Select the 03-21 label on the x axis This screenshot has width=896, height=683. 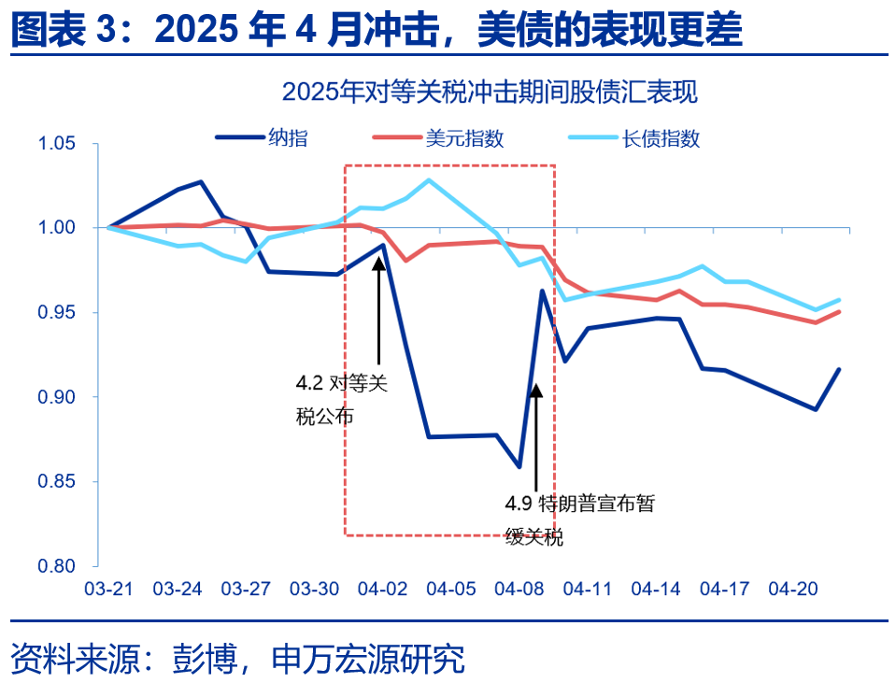pos(108,590)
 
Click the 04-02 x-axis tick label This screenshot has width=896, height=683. pos(382,590)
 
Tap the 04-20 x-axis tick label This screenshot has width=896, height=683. pos(793,590)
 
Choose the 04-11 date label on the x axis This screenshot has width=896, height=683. pos(588,590)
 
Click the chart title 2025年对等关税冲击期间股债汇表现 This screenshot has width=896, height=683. pos(490,92)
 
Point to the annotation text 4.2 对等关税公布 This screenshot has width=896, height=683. pos(340,400)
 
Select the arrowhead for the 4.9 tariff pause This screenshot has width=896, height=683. pos(535,391)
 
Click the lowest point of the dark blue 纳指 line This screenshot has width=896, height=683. pos(519,466)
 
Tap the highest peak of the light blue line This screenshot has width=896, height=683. pos(429,179)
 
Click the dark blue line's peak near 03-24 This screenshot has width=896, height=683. pos(202,182)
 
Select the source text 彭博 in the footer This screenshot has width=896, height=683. pos(201,659)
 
